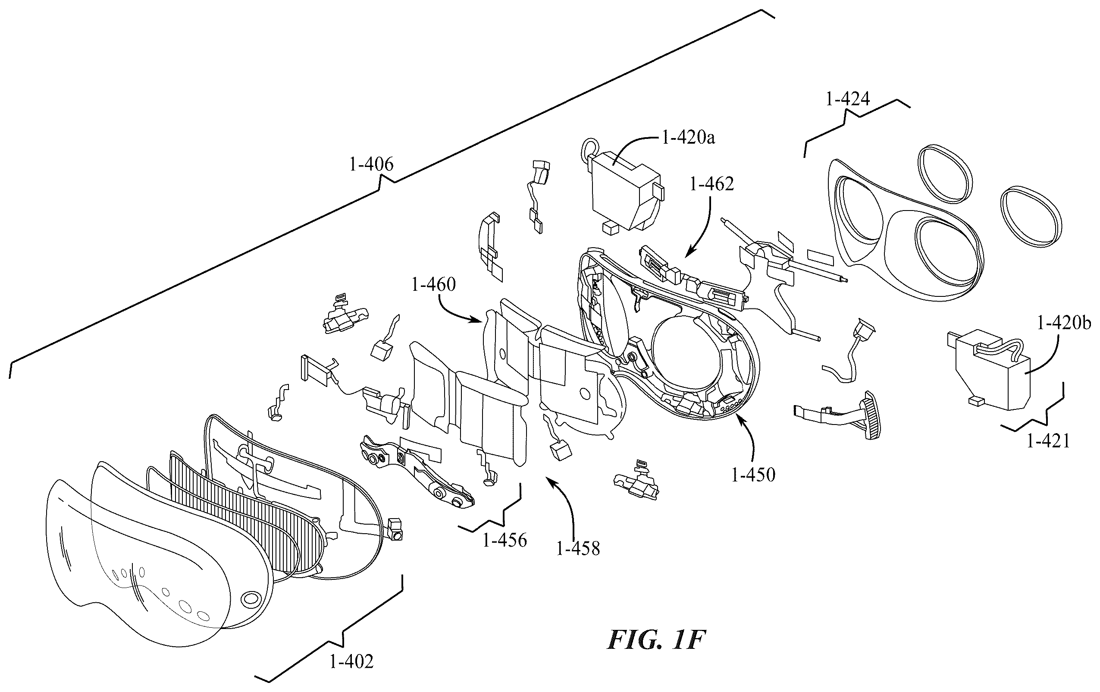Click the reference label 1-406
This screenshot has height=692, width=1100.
[x=371, y=164]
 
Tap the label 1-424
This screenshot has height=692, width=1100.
[x=847, y=99]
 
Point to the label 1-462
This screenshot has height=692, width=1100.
[x=712, y=184]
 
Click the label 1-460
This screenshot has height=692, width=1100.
[x=433, y=284]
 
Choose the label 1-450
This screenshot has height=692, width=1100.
[x=753, y=475]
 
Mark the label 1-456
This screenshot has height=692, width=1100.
[x=505, y=541]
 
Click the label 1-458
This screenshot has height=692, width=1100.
[x=578, y=548]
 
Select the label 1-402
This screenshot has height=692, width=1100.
[x=351, y=661]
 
